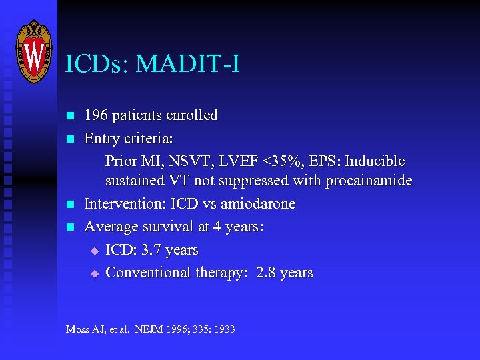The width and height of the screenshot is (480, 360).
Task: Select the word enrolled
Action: click(x=193, y=115)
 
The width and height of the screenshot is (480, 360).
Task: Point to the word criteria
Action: click(x=150, y=139)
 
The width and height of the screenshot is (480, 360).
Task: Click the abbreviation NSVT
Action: click(x=186, y=161)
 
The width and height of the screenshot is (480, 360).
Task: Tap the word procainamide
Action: click(x=368, y=181)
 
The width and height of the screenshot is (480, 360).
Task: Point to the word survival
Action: click(x=169, y=227)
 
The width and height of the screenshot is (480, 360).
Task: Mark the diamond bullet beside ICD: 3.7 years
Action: click(x=94, y=251)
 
